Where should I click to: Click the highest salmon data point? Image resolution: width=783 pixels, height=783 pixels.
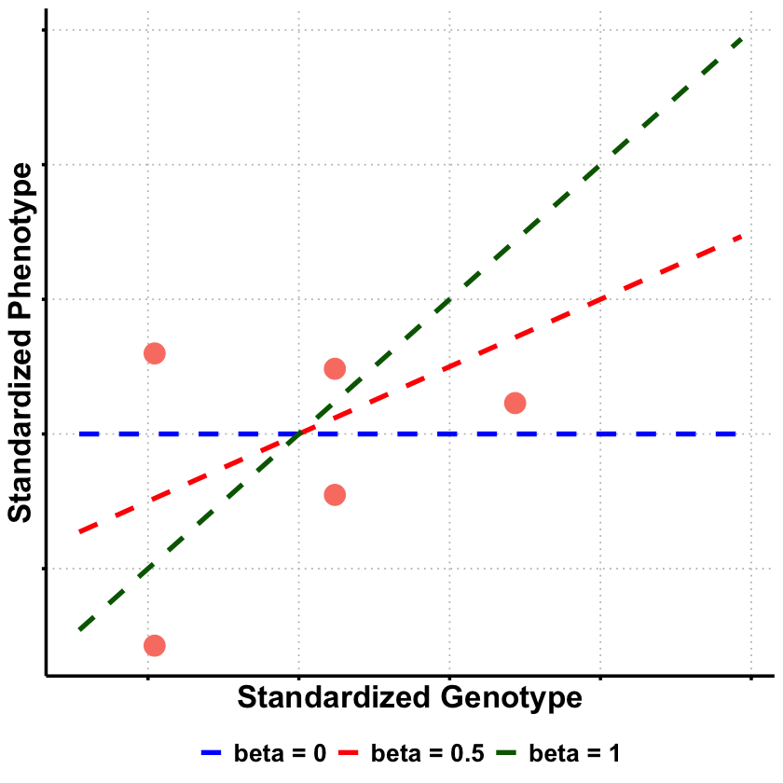pos(155,353)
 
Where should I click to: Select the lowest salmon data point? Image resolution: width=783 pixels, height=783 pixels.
pos(155,645)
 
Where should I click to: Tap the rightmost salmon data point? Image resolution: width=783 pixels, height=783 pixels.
pos(515,403)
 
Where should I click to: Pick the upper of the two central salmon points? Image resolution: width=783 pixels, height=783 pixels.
pos(335,369)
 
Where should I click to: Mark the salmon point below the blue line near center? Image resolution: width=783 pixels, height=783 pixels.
pos(335,494)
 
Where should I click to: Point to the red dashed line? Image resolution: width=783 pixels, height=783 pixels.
pos(559,317)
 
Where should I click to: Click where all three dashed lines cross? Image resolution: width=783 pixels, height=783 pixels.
pos(299,433)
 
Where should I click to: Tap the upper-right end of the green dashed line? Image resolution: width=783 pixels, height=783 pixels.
pos(740,39)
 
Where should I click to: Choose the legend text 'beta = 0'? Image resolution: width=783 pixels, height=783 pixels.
pos(280,752)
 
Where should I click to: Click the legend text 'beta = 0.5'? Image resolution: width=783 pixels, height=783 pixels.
pos(428,752)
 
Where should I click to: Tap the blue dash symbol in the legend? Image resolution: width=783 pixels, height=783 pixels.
pos(214,752)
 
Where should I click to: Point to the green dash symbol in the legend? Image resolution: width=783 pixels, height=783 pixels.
pos(510,752)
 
